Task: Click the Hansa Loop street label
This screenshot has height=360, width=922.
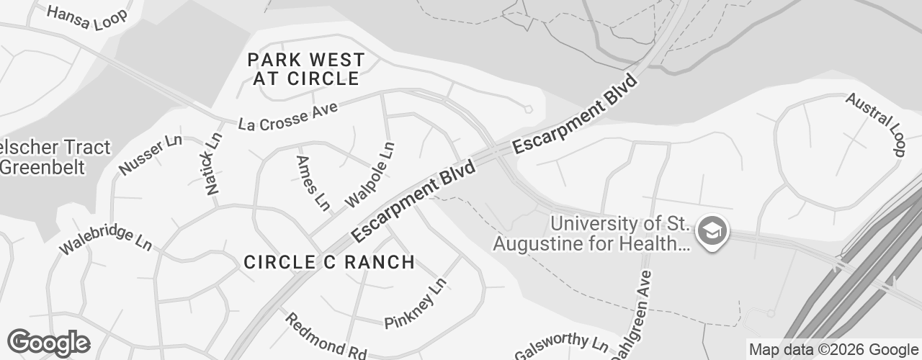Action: tap(86, 17)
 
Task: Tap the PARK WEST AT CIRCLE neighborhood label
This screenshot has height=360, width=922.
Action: tap(305, 69)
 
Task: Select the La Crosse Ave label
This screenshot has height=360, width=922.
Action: tap(287, 116)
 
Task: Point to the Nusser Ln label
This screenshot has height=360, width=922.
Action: tap(151, 154)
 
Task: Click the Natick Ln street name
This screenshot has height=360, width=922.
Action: tap(213, 163)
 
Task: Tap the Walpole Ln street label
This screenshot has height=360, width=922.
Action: tap(371, 175)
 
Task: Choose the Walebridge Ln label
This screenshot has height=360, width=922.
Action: tap(105, 239)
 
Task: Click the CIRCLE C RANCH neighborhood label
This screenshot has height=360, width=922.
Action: tap(329, 262)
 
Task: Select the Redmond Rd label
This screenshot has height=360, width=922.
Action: tap(326, 336)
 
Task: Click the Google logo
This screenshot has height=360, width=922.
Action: tap(48, 343)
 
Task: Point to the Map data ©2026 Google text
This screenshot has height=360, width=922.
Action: tap(833, 350)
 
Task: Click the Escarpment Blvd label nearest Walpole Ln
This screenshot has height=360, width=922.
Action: tap(414, 202)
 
